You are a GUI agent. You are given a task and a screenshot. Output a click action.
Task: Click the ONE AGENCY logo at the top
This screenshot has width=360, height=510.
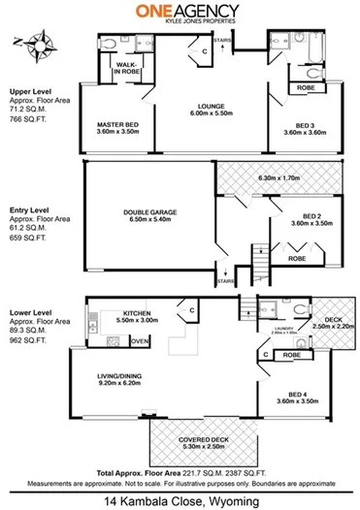(x=180, y=12)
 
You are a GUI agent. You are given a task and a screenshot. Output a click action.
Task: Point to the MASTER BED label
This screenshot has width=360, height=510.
(x=117, y=126)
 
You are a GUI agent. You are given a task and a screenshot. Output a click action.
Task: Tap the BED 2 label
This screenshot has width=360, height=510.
(x=312, y=217)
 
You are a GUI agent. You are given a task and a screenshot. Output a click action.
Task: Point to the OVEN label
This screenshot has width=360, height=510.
(x=140, y=341)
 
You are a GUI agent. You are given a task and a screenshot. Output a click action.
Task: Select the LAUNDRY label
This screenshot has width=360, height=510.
(x=274, y=328)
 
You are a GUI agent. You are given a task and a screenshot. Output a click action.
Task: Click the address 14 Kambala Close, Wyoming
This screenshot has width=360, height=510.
(x=180, y=500)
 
